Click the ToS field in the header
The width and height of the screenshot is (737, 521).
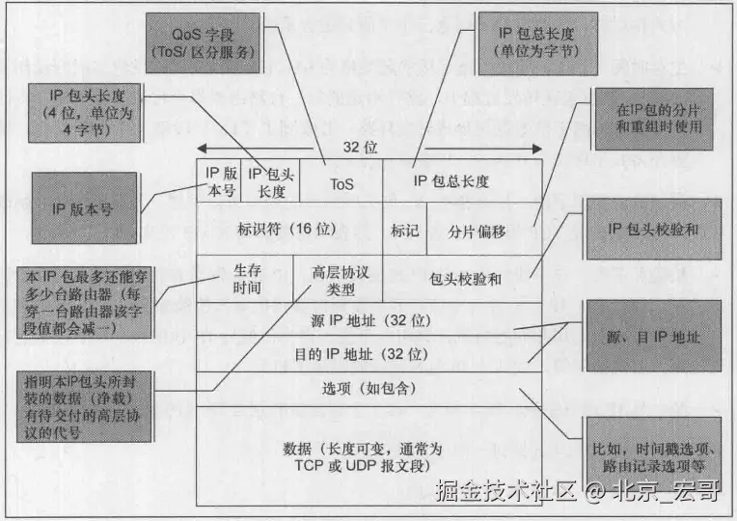point(341,181)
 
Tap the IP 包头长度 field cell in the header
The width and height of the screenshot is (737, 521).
point(267,181)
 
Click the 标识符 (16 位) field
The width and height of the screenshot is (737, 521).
point(288,230)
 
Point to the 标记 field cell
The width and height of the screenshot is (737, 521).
point(405,231)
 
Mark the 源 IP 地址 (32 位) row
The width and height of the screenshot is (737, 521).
point(367,318)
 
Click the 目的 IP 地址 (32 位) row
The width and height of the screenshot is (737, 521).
point(367,354)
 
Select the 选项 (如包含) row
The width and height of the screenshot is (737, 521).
point(367,388)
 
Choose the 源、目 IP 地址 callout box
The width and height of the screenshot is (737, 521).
point(653,338)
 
